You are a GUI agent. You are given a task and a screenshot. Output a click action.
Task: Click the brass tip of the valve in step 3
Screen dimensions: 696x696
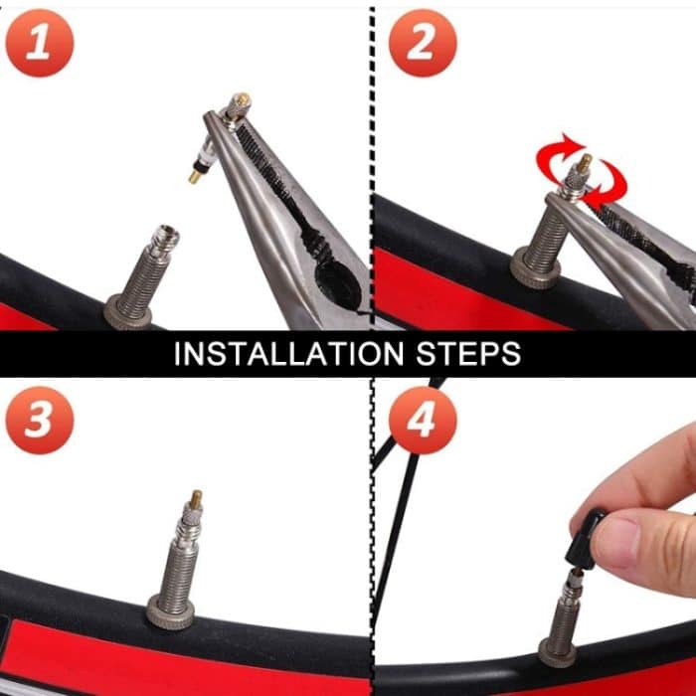[196, 497]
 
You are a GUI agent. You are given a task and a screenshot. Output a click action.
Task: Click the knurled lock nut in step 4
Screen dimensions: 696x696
[557, 653]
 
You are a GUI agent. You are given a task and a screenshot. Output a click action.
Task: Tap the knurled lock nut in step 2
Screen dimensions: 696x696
[536, 268]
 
